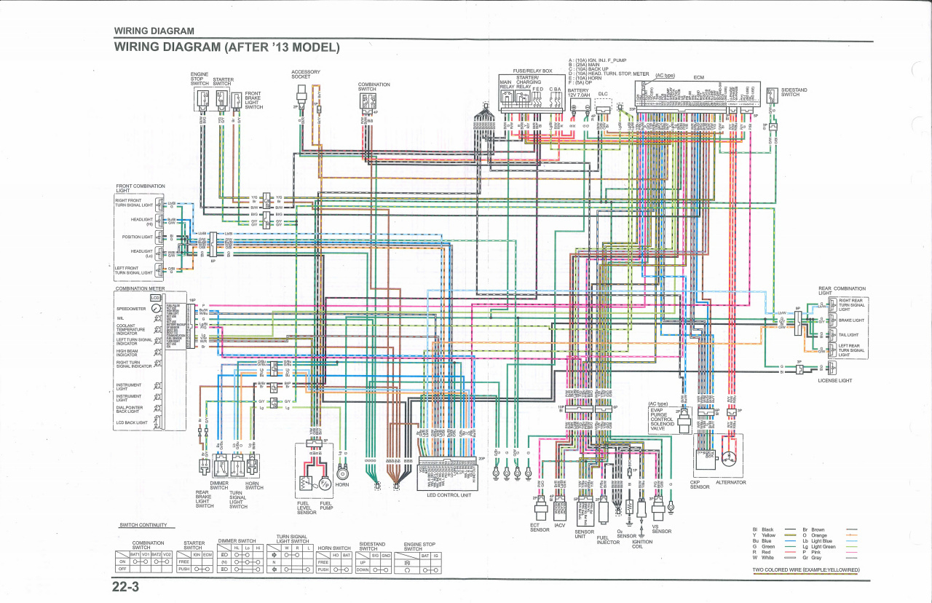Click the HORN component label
click(342, 485)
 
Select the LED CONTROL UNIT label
click(449, 495)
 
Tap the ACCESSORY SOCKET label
click(305, 74)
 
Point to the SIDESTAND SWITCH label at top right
click(794, 92)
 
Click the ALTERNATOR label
click(731, 482)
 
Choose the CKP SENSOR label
click(699, 485)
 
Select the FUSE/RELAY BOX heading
click(532, 71)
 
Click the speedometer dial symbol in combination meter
click(155, 309)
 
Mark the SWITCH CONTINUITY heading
click(143, 525)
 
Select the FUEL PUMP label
click(326, 505)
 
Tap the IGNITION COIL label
click(642, 544)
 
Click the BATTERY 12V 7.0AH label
click(578, 93)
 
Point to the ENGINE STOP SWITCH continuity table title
click(419, 546)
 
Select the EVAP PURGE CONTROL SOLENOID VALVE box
click(662, 419)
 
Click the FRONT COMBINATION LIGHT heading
click(141, 189)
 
